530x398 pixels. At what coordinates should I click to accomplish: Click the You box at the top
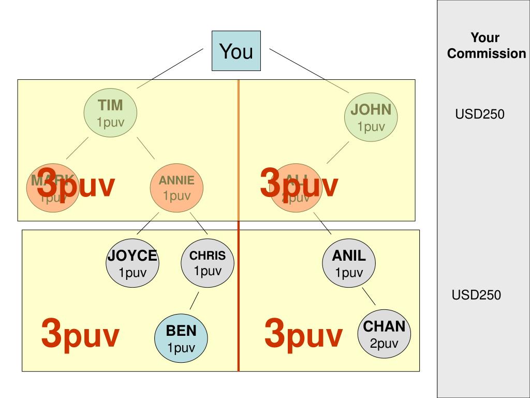236,51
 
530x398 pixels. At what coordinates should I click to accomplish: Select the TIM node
111,113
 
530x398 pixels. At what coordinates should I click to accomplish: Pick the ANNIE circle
176,187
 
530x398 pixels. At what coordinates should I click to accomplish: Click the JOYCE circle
132,263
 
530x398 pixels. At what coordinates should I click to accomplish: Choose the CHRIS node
208,263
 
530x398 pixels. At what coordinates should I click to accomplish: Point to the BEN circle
181,338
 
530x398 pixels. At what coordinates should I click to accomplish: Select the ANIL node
349,263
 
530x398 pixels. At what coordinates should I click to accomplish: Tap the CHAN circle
384,334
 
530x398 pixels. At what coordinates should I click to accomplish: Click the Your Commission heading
486,46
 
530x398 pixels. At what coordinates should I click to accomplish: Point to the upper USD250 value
480,115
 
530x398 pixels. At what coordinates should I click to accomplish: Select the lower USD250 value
476,295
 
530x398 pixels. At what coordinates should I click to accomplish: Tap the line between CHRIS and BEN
194,301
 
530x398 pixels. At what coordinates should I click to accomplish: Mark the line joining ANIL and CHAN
369,296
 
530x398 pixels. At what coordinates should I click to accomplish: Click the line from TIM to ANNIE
145,148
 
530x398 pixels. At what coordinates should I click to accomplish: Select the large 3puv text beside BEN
80,334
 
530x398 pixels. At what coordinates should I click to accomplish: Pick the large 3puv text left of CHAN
303,334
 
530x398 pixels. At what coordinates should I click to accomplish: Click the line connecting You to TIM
170,68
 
